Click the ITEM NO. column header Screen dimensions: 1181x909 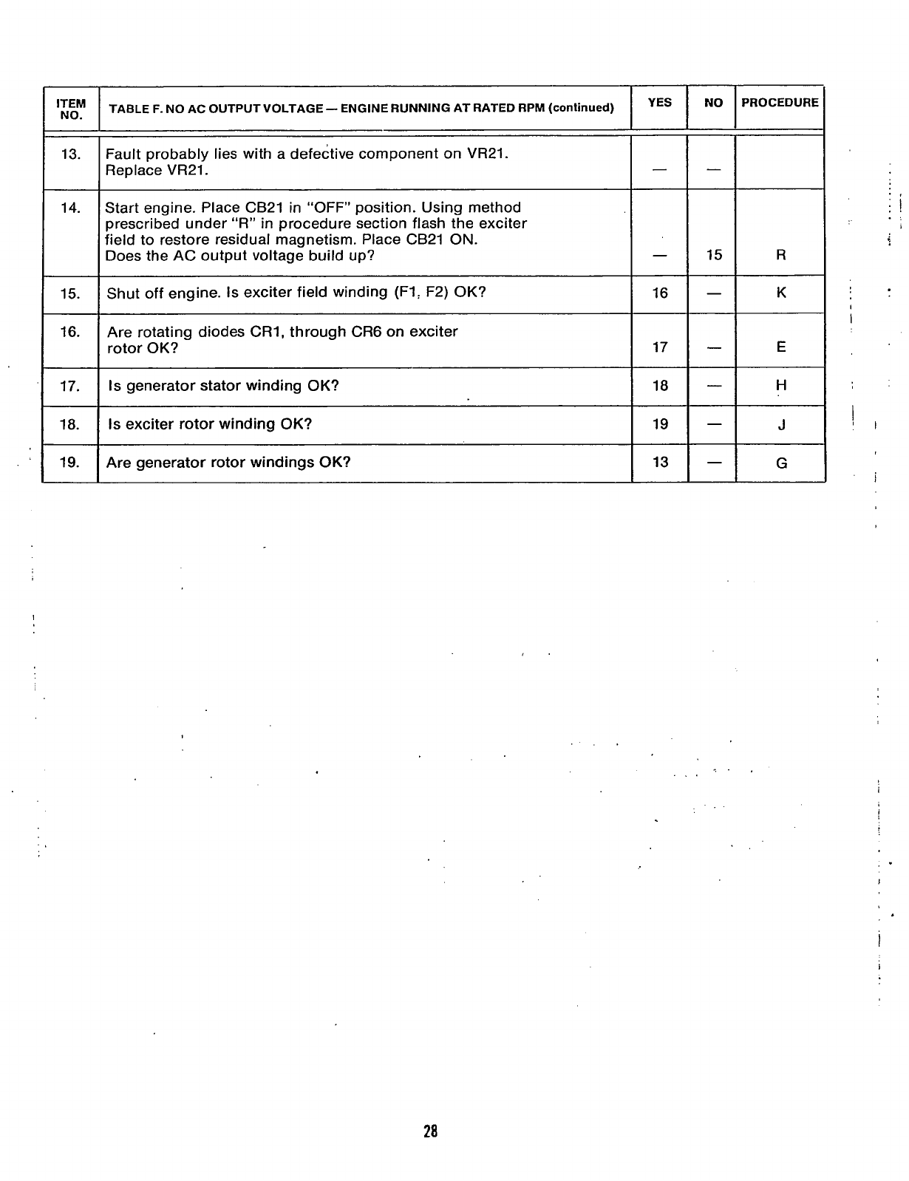(71, 109)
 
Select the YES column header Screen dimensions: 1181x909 (659, 103)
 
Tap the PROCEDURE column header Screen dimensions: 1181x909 (780, 103)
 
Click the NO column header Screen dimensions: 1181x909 (713, 103)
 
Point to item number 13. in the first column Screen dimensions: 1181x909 (71, 154)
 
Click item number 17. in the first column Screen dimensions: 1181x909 (69, 386)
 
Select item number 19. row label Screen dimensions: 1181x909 (69, 463)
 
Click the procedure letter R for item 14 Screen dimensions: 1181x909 (781, 256)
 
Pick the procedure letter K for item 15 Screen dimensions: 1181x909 (781, 293)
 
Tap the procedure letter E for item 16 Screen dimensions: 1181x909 (781, 347)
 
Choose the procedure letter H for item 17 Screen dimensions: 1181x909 (781, 386)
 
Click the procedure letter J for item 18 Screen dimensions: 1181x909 (781, 425)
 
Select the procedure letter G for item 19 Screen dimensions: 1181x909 (781, 463)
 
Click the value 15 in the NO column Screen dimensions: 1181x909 (713, 256)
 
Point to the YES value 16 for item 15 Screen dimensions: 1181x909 (660, 293)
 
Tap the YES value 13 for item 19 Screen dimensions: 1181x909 (660, 463)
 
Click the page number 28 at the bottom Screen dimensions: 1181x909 (431, 1131)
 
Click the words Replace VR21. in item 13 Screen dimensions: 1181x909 (157, 171)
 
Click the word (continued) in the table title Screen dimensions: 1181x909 (581, 109)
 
